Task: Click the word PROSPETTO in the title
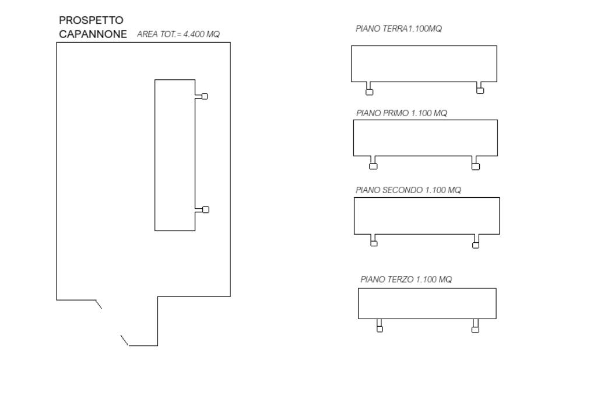coord(91,21)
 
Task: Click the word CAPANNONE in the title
coord(93,34)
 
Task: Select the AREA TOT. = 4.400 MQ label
coord(178,35)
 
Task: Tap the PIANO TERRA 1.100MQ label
coord(398,29)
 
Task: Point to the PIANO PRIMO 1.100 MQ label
coord(401,113)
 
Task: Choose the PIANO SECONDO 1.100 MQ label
coord(408,190)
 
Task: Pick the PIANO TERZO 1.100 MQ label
coord(406,280)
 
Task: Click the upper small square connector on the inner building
coord(204,96)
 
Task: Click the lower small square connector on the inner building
coord(205,210)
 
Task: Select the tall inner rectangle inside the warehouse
coord(174,155)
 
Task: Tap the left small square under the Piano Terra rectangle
coord(368,91)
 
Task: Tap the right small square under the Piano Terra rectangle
coord(480,90)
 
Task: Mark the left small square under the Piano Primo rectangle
coord(373,166)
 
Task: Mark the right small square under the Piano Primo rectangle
coord(476,166)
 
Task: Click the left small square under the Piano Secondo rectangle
coord(374,243)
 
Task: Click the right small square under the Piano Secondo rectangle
coord(476,245)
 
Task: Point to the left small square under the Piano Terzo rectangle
coord(380,329)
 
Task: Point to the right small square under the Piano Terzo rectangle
coord(475,329)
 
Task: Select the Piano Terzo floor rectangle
coord(427,303)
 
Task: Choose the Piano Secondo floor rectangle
coord(427,216)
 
